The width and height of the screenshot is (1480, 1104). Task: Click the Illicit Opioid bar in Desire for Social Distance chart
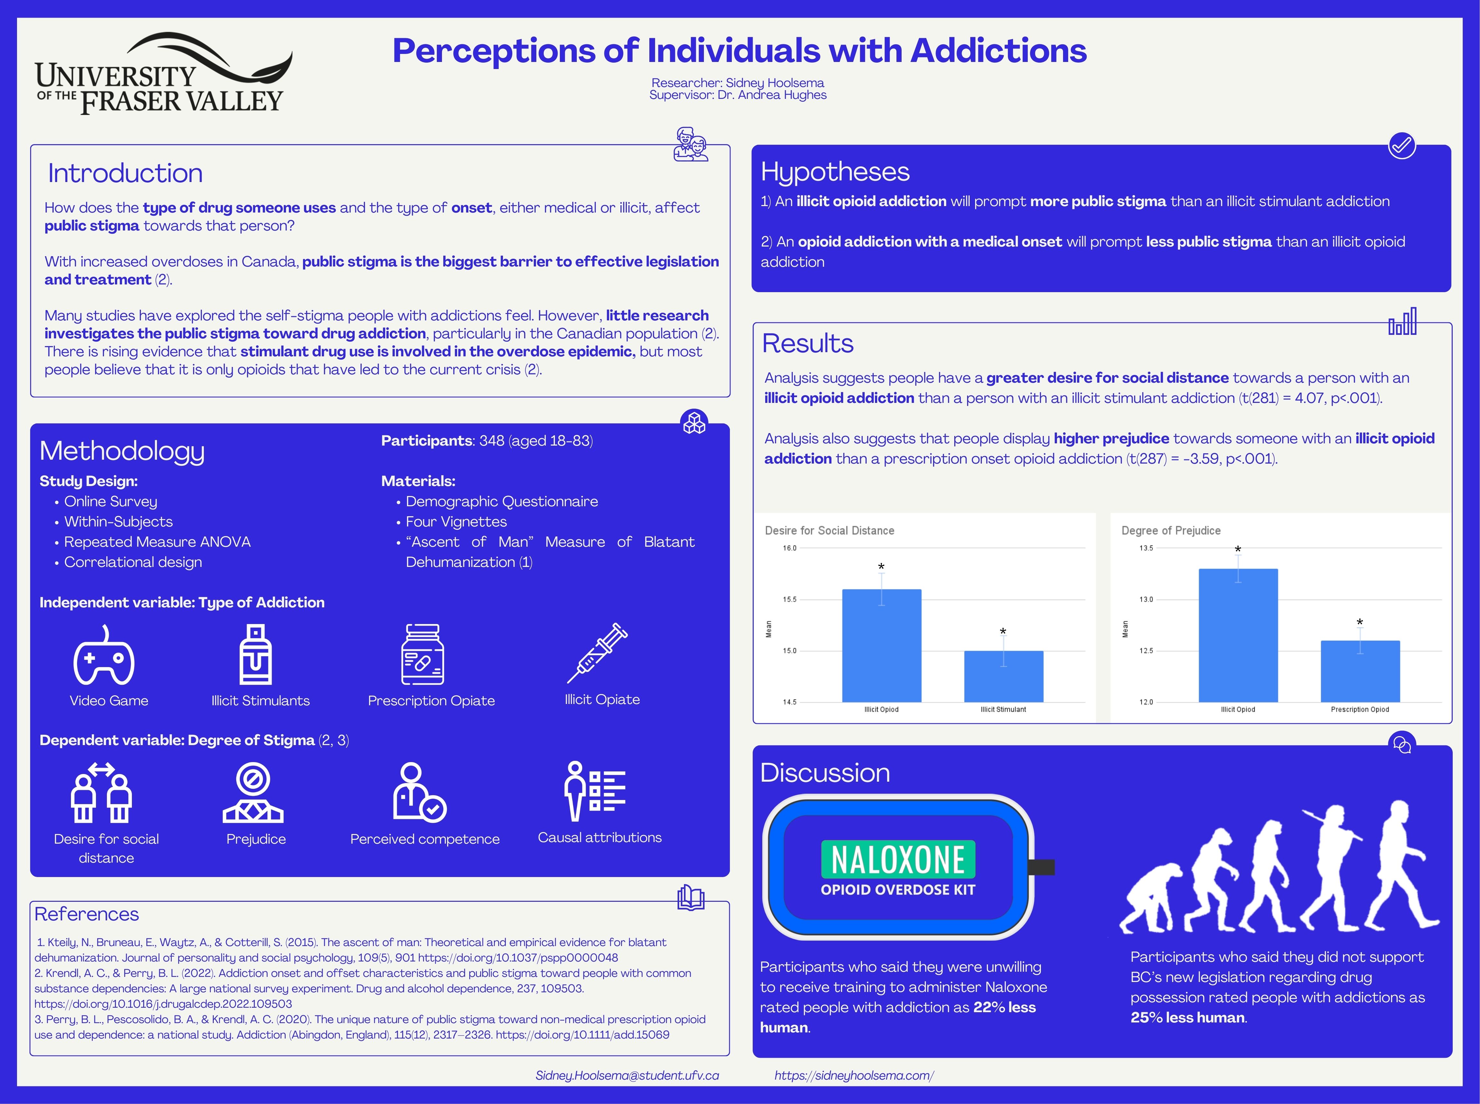tap(881, 645)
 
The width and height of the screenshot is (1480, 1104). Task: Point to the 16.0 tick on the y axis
tap(790, 548)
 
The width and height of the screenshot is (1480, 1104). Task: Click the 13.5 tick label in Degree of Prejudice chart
tap(1146, 548)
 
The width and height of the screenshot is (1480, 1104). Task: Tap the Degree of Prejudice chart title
tap(1171, 530)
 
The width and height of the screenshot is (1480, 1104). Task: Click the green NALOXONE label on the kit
tap(897, 859)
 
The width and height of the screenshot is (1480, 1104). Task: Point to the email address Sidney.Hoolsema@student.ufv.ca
tap(627, 1075)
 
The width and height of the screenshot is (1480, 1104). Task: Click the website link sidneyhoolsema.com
tap(853, 1075)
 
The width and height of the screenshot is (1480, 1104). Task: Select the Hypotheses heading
tap(835, 172)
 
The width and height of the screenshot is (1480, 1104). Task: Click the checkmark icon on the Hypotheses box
tap(1401, 145)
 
